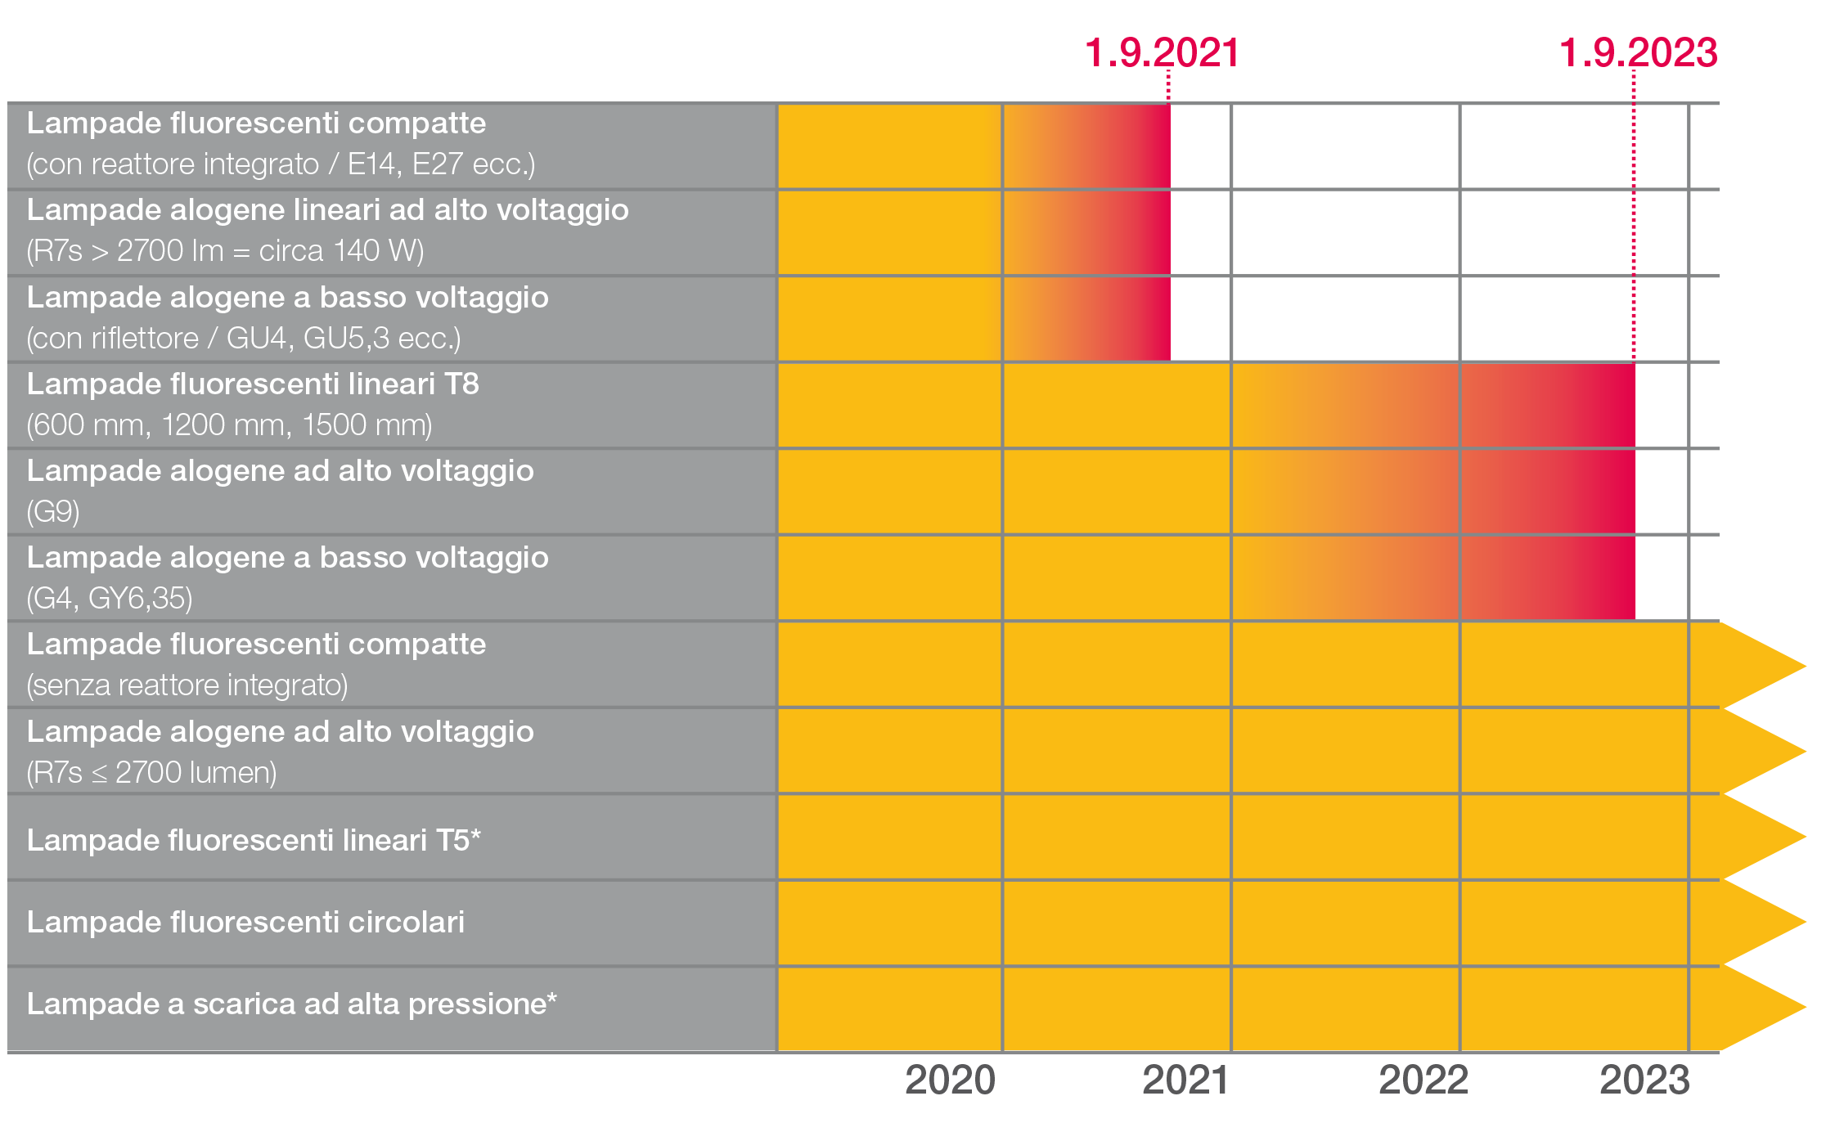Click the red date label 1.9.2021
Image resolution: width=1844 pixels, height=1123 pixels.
(x=1161, y=54)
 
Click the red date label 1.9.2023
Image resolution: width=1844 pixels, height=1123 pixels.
(x=1638, y=54)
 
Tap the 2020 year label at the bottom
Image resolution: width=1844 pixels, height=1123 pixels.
(x=950, y=1080)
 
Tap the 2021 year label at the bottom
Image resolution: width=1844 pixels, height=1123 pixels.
(x=1185, y=1080)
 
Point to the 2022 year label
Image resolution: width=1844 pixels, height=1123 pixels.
(x=1423, y=1080)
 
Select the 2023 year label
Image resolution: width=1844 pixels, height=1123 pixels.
(x=1644, y=1080)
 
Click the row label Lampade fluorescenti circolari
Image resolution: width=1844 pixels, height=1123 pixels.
(x=245, y=923)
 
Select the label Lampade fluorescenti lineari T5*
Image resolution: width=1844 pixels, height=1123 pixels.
(x=254, y=841)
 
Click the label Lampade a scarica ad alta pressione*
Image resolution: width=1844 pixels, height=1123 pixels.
(x=291, y=1004)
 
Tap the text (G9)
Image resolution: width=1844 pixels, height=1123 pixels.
(x=53, y=512)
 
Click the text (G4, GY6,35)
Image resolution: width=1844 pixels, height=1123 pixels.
(x=110, y=599)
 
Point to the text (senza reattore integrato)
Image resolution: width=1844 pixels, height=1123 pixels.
(x=187, y=685)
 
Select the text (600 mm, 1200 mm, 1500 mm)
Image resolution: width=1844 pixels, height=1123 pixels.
(x=229, y=425)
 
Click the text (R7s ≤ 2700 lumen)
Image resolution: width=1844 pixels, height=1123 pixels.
(x=151, y=773)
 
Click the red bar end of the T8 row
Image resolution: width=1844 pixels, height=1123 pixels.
(x=1624, y=406)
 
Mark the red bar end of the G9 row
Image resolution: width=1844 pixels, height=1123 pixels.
(x=1624, y=492)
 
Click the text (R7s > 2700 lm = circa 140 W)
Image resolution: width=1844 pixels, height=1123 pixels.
(x=225, y=251)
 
